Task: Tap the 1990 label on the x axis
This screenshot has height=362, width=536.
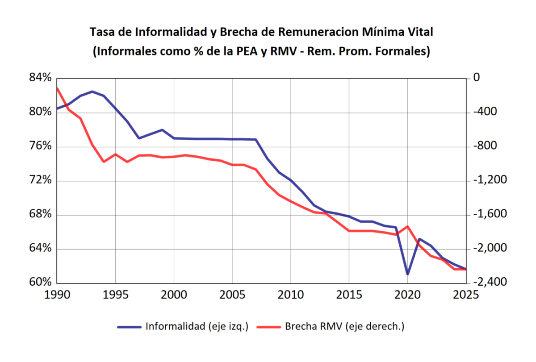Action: pyautogui.click(x=57, y=295)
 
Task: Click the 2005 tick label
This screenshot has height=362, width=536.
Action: pyautogui.click(x=232, y=295)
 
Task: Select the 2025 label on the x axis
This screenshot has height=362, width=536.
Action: pyautogui.click(x=466, y=295)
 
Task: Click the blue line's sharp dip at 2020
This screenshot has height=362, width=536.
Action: pyautogui.click(x=408, y=274)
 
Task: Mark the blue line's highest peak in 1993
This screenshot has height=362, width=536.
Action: pyautogui.click(x=92, y=92)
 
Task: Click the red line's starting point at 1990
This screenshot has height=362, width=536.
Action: pyautogui.click(x=58, y=88)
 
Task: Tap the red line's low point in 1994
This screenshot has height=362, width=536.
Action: pyautogui.click(x=104, y=162)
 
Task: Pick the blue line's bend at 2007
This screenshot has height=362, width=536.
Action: pyautogui.click(x=256, y=140)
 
